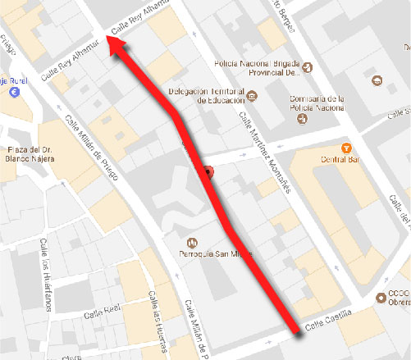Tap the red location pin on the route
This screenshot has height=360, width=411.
click(x=208, y=172)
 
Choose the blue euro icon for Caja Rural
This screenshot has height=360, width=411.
click(x=14, y=93)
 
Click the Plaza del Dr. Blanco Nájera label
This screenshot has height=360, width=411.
click(x=30, y=154)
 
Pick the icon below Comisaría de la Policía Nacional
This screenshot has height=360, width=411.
click(x=302, y=117)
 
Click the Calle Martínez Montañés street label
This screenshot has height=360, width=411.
click(x=264, y=151)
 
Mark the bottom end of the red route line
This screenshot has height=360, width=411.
click(x=295, y=331)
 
